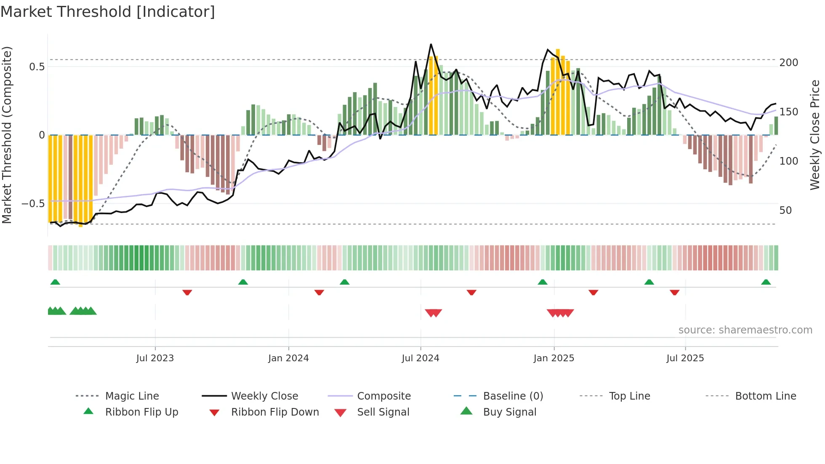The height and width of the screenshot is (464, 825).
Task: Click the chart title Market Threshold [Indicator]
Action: [x=108, y=12]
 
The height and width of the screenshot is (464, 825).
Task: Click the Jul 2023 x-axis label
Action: [x=155, y=358]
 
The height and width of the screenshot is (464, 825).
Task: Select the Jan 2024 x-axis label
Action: [x=288, y=358]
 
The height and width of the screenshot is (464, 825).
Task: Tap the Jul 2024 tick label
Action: [x=420, y=358]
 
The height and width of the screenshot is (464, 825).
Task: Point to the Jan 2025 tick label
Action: [x=554, y=358]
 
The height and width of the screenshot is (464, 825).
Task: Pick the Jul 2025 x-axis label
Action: [x=685, y=358]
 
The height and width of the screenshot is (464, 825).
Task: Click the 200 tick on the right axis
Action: [x=788, y=63]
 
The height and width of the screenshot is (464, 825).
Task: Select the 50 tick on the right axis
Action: [x=785, y=211]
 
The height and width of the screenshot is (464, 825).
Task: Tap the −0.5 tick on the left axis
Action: [x=33, y=204]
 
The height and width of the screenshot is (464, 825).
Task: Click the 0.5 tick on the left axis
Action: [x=37, y=67]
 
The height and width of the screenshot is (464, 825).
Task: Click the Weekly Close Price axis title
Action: [x=815, y=135]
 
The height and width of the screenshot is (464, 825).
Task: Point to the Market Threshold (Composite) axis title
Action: [x=7, y=135]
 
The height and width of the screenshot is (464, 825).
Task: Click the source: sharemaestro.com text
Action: [x=745, y=330]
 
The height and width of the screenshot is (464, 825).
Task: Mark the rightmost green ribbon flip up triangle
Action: [x=766, y=282]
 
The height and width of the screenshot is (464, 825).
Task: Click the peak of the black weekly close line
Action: [x=431, y=44]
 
